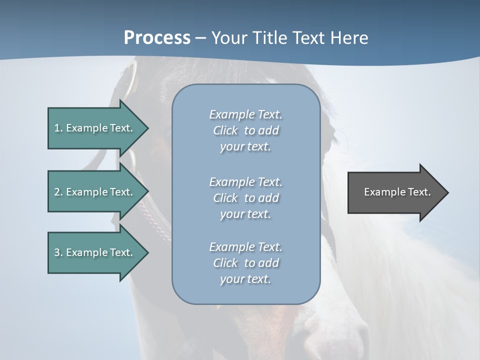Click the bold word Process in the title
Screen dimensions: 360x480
point(157,37)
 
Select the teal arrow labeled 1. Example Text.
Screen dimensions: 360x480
point(90,128)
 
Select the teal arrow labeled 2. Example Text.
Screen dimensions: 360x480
point(90,192)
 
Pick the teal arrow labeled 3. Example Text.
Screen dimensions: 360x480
point(90,252)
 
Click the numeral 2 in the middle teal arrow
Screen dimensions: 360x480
point(57,192)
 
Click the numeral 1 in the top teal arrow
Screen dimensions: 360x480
point(57,128)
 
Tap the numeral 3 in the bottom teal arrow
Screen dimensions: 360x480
point(57,252)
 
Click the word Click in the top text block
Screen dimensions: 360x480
point(225,130)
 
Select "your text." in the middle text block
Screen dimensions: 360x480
point(245,213)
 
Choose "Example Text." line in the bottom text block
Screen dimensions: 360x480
point(245,247)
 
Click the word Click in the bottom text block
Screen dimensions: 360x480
point(225,263)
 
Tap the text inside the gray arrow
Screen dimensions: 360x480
point(397,192)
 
